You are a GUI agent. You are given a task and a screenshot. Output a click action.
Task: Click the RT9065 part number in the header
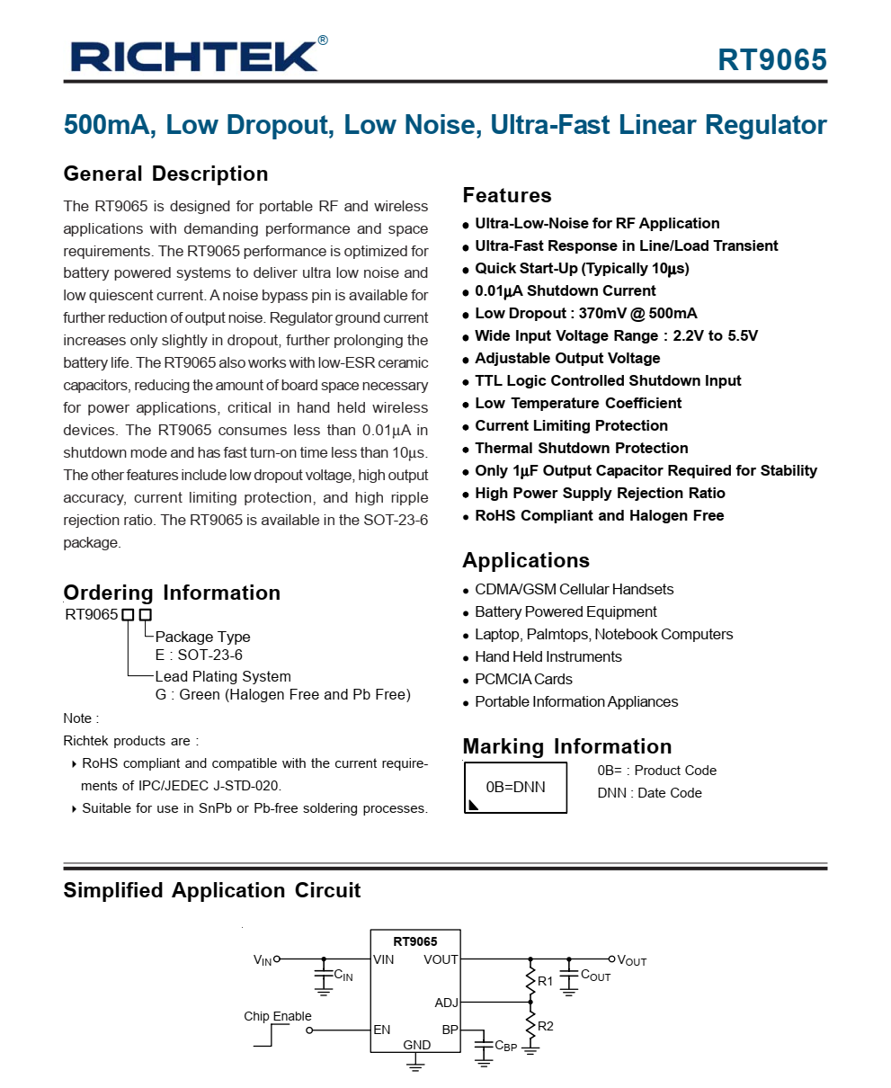click(x=771, y=59)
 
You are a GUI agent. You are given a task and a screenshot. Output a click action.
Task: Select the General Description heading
click(x=165, y=174)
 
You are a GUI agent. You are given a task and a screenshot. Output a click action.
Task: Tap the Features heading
click(x=506, y=195)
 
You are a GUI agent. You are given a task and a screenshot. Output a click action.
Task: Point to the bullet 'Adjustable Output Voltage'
click(x=567, y=358)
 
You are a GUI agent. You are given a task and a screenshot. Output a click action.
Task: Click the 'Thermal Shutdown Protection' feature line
click(x=581, y=448)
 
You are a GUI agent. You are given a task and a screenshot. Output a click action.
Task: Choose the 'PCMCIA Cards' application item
click(x=523, y=679)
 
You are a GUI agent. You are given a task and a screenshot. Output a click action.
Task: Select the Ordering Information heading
click(x=172, y=593)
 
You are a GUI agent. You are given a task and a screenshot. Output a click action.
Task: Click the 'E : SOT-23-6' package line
click(x=199, y=655)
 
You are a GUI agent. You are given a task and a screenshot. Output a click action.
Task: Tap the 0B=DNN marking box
click(x=515, y=787)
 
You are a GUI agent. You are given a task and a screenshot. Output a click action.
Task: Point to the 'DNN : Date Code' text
click(x=649, y=792)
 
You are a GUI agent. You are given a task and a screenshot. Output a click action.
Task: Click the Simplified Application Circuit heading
click(x=211, y=890)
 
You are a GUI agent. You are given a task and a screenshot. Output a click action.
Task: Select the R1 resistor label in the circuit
click(x=545, y=981)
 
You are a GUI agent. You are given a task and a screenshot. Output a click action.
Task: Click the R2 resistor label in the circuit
click(x=545, y=1026)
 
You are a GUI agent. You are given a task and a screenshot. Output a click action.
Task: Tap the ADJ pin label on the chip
click(x=446, y=1003)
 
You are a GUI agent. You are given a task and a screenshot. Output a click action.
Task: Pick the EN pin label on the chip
click(x=382, y=1030)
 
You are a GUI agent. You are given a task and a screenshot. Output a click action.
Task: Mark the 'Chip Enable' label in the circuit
click(x=278, y=1016)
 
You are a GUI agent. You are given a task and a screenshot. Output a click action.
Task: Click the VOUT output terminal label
click(x=631, y=960)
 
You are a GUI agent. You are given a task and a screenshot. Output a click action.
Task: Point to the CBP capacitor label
click(x=505, y=1046)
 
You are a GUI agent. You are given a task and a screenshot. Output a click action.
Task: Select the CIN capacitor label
click(x=343, y=975)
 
